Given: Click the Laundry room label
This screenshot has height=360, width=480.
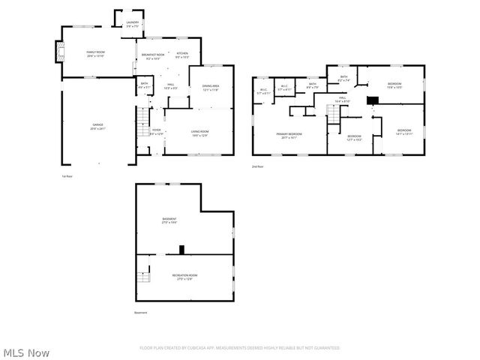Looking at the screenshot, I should [x=132, y=24].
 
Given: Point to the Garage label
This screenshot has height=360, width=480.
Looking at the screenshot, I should [x=97, y=127].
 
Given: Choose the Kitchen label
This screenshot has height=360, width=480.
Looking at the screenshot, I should [x=182, y=55].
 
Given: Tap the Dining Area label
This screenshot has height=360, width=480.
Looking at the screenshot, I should [x=211, y=88].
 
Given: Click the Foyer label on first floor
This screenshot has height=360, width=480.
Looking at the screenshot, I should [x=156, y=131].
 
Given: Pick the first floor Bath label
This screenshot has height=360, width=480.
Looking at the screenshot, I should [x=144, y=85].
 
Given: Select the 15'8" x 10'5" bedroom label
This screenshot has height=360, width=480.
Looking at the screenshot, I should [x=394, y=85].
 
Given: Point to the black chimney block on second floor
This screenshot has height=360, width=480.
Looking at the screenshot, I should [x=372, y=100].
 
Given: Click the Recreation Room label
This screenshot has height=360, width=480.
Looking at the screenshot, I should [x=184, y=277].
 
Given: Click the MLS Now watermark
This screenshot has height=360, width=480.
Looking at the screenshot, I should [x=26, y=352].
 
